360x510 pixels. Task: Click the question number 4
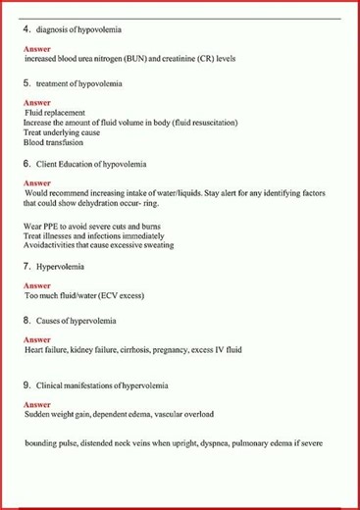26,30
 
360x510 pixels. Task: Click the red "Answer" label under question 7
36,285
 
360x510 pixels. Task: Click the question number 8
26,320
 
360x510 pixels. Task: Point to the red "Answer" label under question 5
36,102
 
